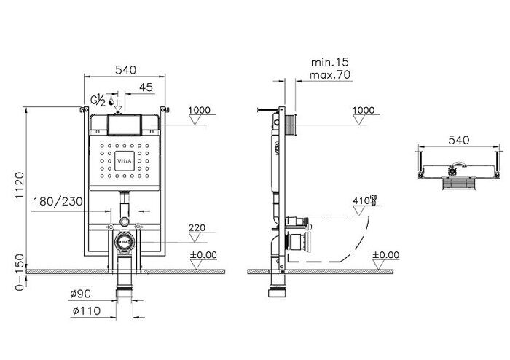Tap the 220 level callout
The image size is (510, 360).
197,228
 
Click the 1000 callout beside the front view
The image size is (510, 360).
200,110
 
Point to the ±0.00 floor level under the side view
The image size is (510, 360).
385,255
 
